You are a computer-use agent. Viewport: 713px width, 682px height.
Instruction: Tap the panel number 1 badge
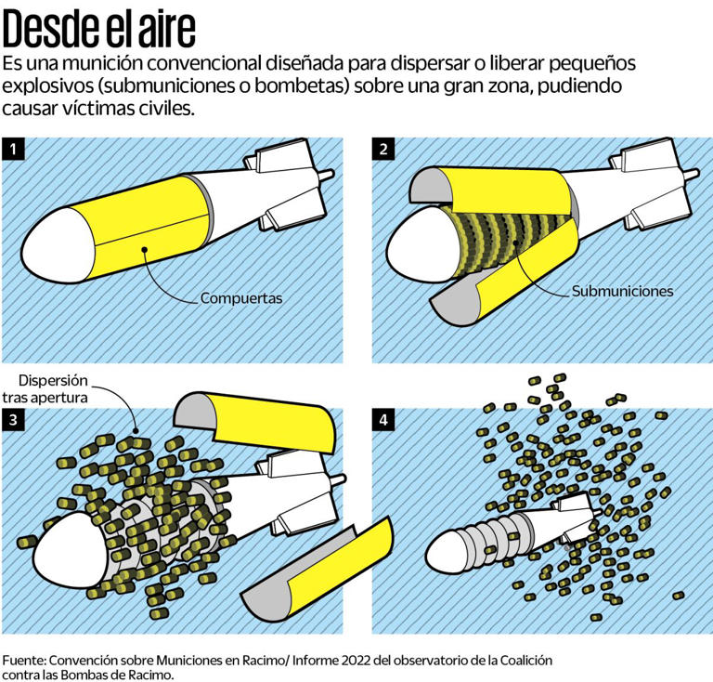13,150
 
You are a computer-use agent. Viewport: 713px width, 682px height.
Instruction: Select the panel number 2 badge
383,150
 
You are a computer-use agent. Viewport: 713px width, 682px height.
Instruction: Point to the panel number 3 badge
13,419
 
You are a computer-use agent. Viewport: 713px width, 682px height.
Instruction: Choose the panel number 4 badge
383,419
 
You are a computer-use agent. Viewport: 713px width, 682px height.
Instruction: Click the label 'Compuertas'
241,298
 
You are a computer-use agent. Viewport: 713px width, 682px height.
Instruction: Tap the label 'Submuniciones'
622,291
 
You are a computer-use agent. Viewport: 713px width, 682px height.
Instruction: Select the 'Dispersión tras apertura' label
45,389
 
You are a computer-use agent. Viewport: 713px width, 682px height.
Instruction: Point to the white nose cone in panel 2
421,245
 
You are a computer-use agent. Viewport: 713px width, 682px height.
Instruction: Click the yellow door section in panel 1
148,228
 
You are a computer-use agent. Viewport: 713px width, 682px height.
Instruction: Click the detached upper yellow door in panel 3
255,421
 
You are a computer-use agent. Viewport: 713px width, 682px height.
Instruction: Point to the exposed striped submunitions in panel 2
507,242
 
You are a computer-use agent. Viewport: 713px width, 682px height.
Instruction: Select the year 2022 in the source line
356,660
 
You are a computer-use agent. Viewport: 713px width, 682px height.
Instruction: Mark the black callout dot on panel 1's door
144,249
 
